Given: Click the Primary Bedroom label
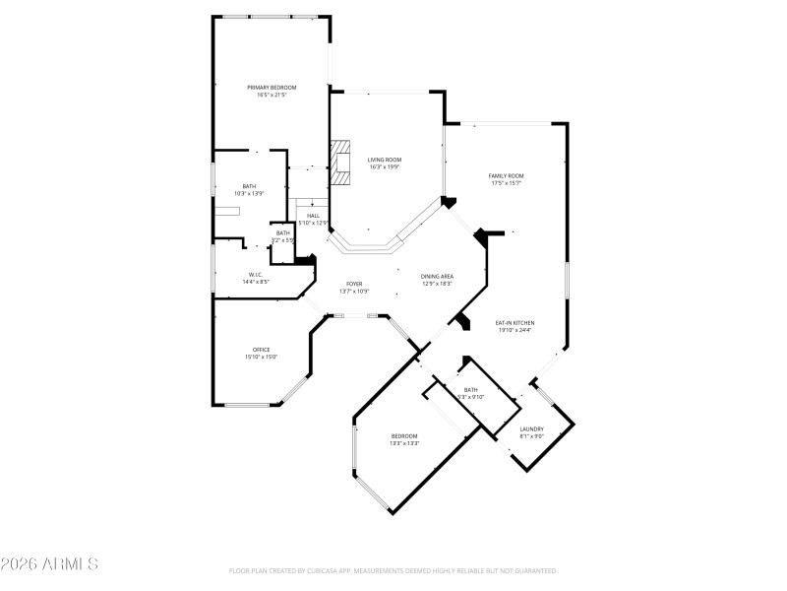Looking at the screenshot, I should coord(272,88).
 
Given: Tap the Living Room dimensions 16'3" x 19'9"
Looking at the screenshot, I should coord(385,167).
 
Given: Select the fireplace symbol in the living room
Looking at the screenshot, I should coord(341,163).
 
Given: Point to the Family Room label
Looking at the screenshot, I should coord(506,175).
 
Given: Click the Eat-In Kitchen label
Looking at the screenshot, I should coord(515,323).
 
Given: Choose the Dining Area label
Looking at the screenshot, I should coord(437,276).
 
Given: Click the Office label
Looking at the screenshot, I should coord(262,350).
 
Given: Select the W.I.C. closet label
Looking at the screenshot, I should coord(255,275).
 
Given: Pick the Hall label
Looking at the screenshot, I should coord(313,216).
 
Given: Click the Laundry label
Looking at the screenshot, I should coord(532,429).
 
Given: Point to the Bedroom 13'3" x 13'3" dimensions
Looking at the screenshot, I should coord(405,443).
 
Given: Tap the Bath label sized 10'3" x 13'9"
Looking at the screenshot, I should coord(250,194).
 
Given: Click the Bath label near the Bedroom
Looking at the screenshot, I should coord(471,390).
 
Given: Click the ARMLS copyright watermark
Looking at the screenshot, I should coord(49,564).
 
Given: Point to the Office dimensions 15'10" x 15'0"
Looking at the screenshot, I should coord(262,358).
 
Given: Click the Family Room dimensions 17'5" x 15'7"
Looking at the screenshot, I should coord(506,183).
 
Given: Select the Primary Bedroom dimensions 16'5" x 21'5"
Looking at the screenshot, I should coord(272,96).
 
